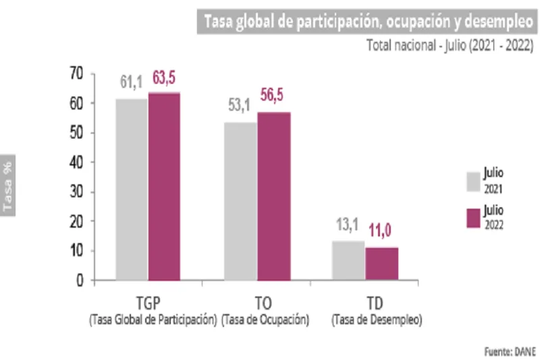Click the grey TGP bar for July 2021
132,189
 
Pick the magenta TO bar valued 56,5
273,196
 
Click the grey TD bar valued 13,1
349,260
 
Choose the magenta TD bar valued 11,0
381,263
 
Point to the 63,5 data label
165,78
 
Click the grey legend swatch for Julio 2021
473,182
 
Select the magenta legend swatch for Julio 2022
473,218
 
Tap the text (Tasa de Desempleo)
376,320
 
